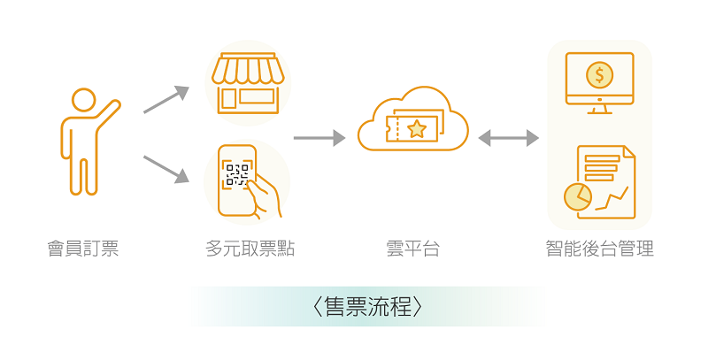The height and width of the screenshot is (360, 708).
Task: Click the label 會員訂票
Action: coord(83,249)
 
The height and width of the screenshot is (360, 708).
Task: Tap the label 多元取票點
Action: coord(250,249)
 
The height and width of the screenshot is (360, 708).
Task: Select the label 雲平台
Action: coord(412,249)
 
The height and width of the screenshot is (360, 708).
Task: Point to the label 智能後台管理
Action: coord(600,249)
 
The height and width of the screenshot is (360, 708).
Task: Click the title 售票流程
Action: coord(367,307)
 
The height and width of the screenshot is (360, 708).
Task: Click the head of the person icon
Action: coord(84,100)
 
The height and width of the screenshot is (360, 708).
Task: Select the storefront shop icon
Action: coord(248,83)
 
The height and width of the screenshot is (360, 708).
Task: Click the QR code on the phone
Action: coord(237,175)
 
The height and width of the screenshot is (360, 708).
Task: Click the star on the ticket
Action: coord(417,129)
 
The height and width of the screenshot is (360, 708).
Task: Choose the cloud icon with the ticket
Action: coord(412,119)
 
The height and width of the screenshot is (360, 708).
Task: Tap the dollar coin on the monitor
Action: coord(600,74)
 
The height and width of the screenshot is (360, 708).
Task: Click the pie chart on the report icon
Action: coord(578,196)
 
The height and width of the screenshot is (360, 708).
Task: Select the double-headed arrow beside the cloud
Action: coord(508,138)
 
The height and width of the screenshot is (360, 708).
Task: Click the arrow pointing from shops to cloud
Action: coord(319,138)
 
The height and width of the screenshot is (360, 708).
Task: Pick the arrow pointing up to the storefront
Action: coord(166,99)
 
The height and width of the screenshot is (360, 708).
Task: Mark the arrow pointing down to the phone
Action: coord(166,170)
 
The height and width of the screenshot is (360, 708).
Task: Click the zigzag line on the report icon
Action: coord(612,199)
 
